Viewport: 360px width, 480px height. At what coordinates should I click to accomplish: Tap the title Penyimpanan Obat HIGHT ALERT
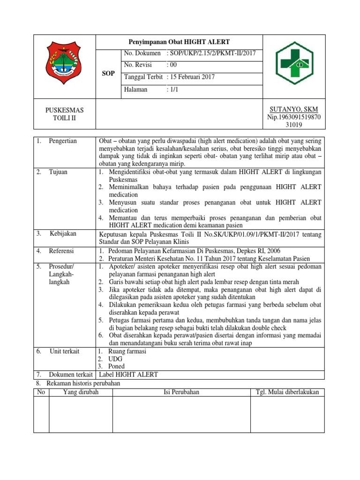pyautogui.click(x=180, y=41)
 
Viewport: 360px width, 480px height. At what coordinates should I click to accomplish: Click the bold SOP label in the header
pyautogui.click(x=108, y=74)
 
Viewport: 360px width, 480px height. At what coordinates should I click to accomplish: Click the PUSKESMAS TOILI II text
pyautogui.click(x=64, y=114)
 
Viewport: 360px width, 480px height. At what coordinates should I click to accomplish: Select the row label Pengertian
pyautogui.click(x=63, y=141)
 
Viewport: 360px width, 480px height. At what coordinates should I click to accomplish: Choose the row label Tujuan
pyautogui.click(x=58, y=172)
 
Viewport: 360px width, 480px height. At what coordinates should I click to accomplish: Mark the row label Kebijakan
pyautogui.click(x=62, y=233)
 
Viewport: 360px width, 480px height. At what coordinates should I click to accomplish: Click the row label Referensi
pyautogui.click(x=62, y=251)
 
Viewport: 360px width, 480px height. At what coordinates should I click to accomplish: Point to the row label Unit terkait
pyautogui.click(x=64, y=351)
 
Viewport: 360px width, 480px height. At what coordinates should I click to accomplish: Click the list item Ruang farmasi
pyautogui.click(x=127, y=351)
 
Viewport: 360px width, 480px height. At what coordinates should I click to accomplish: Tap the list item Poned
pyautogui.click(x=116, y=366)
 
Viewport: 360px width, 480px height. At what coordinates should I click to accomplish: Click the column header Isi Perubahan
pyautogui.click(x=181, y=392)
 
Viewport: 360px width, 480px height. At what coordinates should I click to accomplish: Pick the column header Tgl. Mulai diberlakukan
pyautogui.click(x=287, y=392)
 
